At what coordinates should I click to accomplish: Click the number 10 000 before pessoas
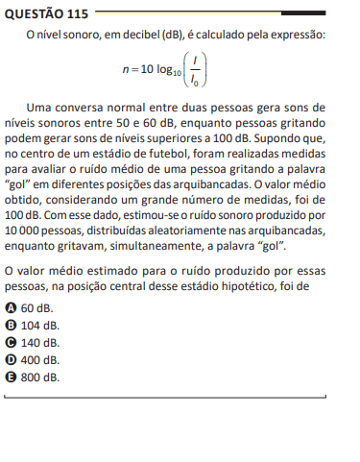[x=26, y=231]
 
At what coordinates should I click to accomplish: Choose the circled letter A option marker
[x=11, y=307]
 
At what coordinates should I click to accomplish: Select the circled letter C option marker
[x=11, y=342]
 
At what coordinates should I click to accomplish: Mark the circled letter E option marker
[x=11, y=377]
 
